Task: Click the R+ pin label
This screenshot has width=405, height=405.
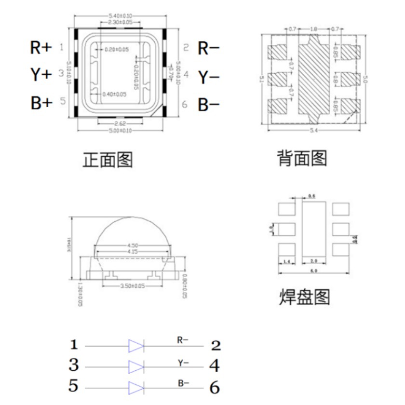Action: (40, 48)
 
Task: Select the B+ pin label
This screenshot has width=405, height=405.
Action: (40, 103)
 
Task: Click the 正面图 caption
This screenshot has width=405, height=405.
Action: (108, 160)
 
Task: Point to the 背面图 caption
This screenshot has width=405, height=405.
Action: (302, 158)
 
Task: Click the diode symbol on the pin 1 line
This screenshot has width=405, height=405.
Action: (136, 346)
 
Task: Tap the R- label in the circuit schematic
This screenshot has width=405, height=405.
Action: (182, 340)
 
